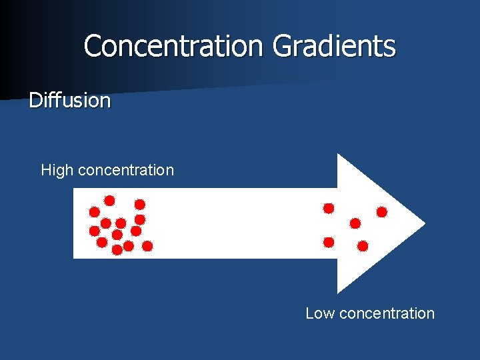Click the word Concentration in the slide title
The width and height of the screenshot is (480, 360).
click(x=173, y=46)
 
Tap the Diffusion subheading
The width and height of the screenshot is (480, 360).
click(x=69, y=101)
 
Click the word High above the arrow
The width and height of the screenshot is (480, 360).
click(x=57, y=170)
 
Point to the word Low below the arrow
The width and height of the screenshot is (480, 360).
click(x=320, y=313)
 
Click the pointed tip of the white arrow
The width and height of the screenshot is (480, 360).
click(x=423, y=223)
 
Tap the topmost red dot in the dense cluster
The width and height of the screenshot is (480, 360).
click(x=109, y=200)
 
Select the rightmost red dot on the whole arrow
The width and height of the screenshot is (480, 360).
click(x=382, y=212)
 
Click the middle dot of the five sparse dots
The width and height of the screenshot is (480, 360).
click(x=355, y=223)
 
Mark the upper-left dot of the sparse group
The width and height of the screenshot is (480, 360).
click(x=329, y=208)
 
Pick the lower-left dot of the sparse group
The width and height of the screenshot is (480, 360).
click(x=329, y=241)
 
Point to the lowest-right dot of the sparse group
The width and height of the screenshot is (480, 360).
click(x=363, y=246)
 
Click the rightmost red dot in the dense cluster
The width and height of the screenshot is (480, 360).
click(x=147, y=246)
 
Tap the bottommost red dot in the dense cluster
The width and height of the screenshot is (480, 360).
click(x=117, y=250)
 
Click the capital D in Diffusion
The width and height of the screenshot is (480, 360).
click(x=35, y=101)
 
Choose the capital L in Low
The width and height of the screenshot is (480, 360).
click(x=309, y=313)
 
